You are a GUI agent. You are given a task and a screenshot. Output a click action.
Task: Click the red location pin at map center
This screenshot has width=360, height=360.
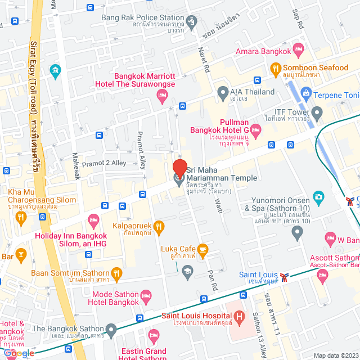[179, 168]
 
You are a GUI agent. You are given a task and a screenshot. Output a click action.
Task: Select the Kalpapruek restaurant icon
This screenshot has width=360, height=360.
[159, 227]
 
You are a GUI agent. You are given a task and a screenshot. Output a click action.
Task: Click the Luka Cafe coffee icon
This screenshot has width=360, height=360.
[203, 249]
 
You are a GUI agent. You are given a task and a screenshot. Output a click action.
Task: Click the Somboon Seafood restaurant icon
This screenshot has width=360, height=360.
[275, 70]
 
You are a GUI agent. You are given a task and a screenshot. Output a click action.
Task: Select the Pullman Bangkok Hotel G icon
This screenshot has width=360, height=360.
[256, 132]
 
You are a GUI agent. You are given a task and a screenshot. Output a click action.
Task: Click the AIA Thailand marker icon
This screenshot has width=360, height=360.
[222, 92]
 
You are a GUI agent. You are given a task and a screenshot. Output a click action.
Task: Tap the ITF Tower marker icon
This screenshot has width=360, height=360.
[317, 114]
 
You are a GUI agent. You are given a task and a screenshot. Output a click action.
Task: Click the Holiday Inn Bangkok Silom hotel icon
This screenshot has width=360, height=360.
[93, 219]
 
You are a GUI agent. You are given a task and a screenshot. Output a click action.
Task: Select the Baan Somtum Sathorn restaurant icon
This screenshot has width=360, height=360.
[117, 274]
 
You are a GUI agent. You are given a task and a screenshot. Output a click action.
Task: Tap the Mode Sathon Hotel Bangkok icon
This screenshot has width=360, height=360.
[146, 295]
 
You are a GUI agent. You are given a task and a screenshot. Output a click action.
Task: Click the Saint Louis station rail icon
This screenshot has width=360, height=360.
[286, 276]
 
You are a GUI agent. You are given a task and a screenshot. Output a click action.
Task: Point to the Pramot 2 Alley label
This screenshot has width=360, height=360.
[104, 163]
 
